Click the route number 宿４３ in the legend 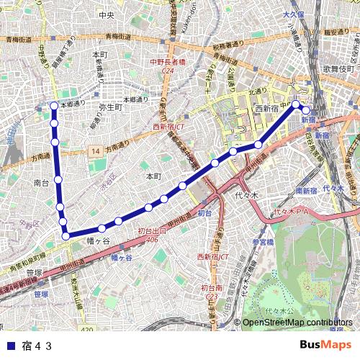[x=37, y=345]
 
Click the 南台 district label [x=42, y=184]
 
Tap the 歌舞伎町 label [x=338, y=68]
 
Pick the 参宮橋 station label [x=264, y=243]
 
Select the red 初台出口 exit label [x=151, y=232]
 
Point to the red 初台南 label [x=211, y=287]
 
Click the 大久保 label [x=293, y=14]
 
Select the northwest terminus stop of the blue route [x=54, y=106]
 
